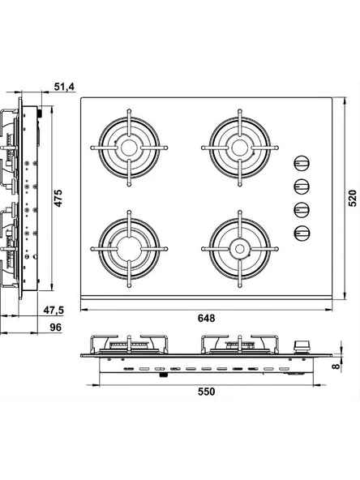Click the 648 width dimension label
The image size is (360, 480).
(206, 318)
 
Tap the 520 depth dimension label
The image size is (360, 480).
(353, 198)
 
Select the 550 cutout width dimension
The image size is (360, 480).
(206, 392)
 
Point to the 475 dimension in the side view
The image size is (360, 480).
(58, 198)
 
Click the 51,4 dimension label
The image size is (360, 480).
(64, 87)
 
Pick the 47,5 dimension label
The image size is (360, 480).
(54, 310)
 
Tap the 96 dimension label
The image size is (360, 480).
(56, 328)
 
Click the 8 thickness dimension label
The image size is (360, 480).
(336, 366)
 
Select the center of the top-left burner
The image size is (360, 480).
(129, 148)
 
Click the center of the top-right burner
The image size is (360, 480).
(240, 148)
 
